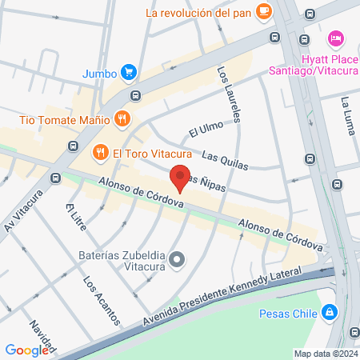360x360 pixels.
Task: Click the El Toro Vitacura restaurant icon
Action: click(x=100, y=151)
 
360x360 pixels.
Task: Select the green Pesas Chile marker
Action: click(x=328, y=313)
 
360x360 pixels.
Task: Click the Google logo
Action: click(x=26, y=350)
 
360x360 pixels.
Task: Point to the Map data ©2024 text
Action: click(x=324, y=353)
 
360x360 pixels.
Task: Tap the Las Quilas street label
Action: click(x=225, y=160)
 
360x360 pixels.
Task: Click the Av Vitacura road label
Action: click(x=22, y=211)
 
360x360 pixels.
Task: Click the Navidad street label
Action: click(x=41, y=337)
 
